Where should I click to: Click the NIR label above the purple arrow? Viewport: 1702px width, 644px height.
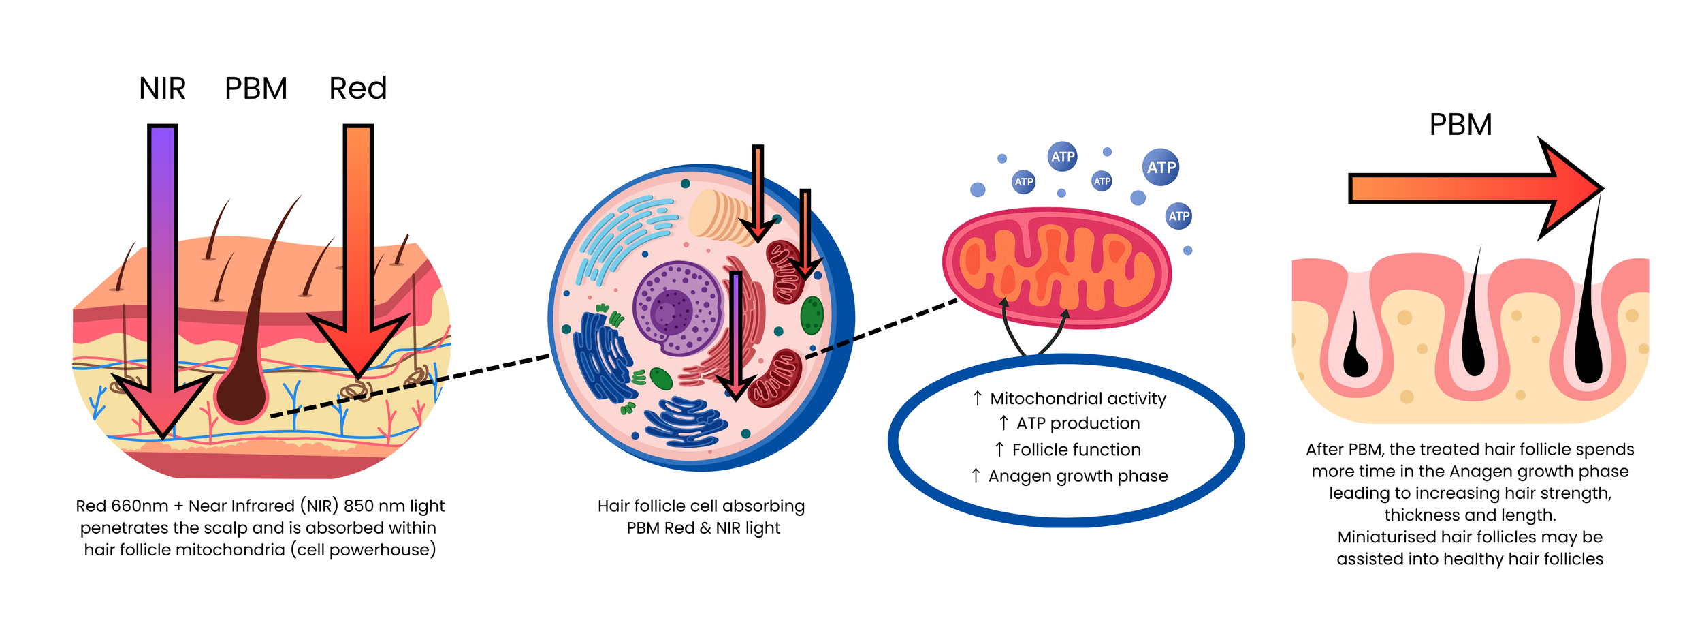162,89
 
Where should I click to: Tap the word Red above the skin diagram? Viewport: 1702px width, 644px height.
358,89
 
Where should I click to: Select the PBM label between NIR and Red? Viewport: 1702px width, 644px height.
256,89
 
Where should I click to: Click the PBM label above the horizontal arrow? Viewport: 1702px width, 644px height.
1460,125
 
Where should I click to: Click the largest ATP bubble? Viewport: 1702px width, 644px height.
1161,167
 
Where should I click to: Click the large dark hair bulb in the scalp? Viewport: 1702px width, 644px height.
242,395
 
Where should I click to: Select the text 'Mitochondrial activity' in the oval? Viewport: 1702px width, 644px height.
1078,399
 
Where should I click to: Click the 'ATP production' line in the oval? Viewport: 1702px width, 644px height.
1078,423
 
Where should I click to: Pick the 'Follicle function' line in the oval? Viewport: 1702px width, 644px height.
1076,450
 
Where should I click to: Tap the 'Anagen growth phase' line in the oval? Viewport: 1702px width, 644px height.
1078,476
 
